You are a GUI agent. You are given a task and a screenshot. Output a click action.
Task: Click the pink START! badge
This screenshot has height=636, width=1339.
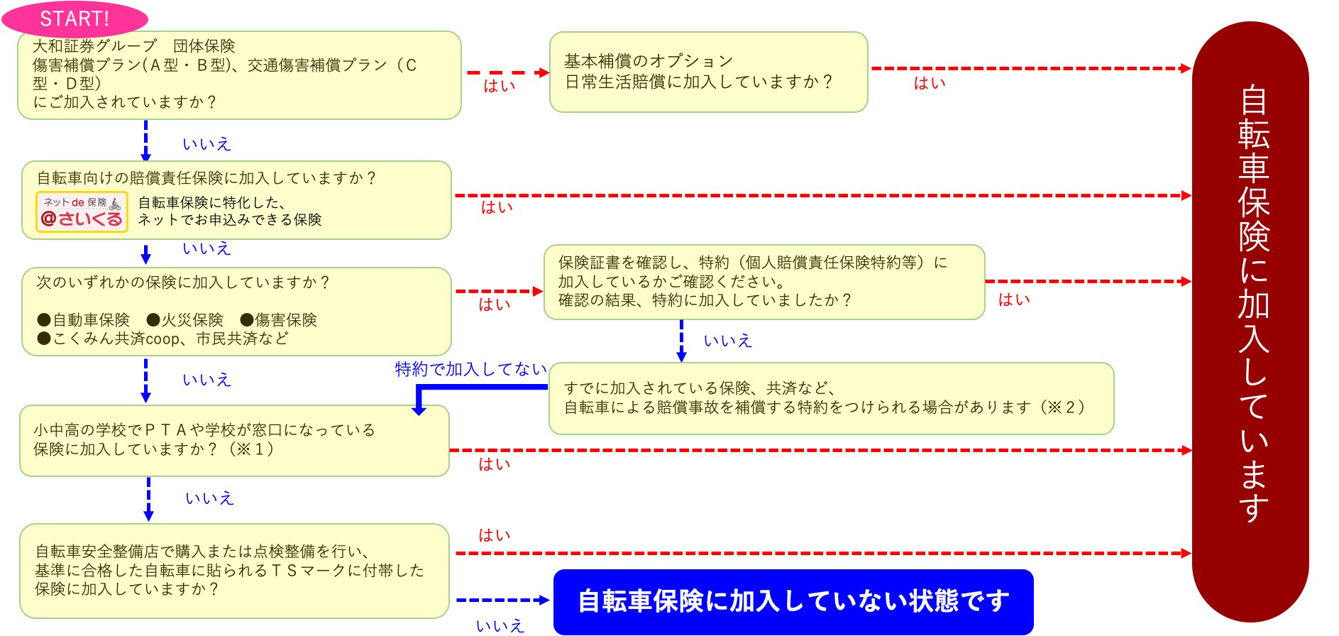(75, 19)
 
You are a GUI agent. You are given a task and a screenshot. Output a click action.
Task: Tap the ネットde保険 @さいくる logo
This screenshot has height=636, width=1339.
(82, 212)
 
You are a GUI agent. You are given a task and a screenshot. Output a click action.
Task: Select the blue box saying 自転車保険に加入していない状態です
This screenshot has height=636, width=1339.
(793, 601)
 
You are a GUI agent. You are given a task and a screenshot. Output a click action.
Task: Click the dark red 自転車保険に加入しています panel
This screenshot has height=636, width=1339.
(1250, 319)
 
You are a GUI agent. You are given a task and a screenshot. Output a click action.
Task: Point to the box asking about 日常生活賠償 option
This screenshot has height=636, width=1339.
(708, 72)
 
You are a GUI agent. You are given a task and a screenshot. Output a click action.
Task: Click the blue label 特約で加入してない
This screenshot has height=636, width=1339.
(470, 369)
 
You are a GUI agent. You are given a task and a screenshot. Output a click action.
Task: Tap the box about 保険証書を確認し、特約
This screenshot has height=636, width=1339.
(764, 282)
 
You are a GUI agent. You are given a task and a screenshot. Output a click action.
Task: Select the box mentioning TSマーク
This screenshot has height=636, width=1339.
(234, 571)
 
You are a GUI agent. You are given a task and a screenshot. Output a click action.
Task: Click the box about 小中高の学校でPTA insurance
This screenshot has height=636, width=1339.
(234, 440)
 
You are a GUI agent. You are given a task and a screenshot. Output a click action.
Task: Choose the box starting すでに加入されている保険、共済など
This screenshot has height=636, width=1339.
(830, 398)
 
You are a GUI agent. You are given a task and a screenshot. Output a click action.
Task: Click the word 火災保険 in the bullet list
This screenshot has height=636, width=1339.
(192, 320)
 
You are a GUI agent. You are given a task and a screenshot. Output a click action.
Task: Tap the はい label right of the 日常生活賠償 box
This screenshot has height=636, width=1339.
(930, 84)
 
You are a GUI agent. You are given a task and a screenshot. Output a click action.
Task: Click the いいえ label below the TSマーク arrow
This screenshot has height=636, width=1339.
(500, 626)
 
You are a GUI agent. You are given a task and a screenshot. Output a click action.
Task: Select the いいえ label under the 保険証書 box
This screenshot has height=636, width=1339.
(727, 341)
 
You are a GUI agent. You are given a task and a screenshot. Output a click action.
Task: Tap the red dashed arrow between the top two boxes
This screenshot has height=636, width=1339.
(507, 72)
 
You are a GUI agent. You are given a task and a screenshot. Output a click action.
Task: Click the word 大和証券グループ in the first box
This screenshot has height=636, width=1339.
(94, 46)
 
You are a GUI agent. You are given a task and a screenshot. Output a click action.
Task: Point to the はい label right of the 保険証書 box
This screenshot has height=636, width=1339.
(1013, 300)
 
